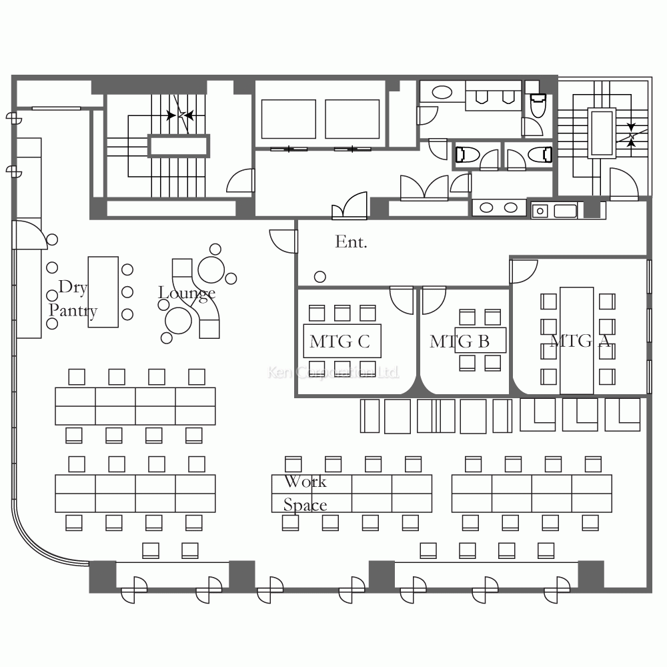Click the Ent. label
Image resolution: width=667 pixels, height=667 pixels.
(351, 241)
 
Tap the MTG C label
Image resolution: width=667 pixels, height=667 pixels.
(340, 342)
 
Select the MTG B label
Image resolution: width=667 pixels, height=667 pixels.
(460, 342)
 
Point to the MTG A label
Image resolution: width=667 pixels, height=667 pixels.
(580, 341)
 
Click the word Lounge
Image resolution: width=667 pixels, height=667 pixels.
(187, 293)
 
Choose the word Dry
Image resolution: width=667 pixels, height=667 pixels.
(73, 287)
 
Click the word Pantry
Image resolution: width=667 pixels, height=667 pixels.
(73, 311)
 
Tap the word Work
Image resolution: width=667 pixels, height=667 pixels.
(305, 482)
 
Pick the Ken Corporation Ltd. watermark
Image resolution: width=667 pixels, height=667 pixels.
(333, 372)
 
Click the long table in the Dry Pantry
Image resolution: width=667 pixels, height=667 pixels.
(103, 292)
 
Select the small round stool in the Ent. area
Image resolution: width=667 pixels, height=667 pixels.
(320, 277)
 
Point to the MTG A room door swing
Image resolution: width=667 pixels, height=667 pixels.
(524, 271)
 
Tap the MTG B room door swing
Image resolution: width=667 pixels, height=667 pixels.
(434, 301)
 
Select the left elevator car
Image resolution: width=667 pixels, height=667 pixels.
(288, 119)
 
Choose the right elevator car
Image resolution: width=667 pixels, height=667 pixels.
(352, 119)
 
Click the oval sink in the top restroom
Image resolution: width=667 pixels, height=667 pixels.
(442, 92)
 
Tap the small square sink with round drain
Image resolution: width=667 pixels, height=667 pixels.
(540, 211)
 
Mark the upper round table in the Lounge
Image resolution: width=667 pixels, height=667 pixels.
(211, 270)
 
